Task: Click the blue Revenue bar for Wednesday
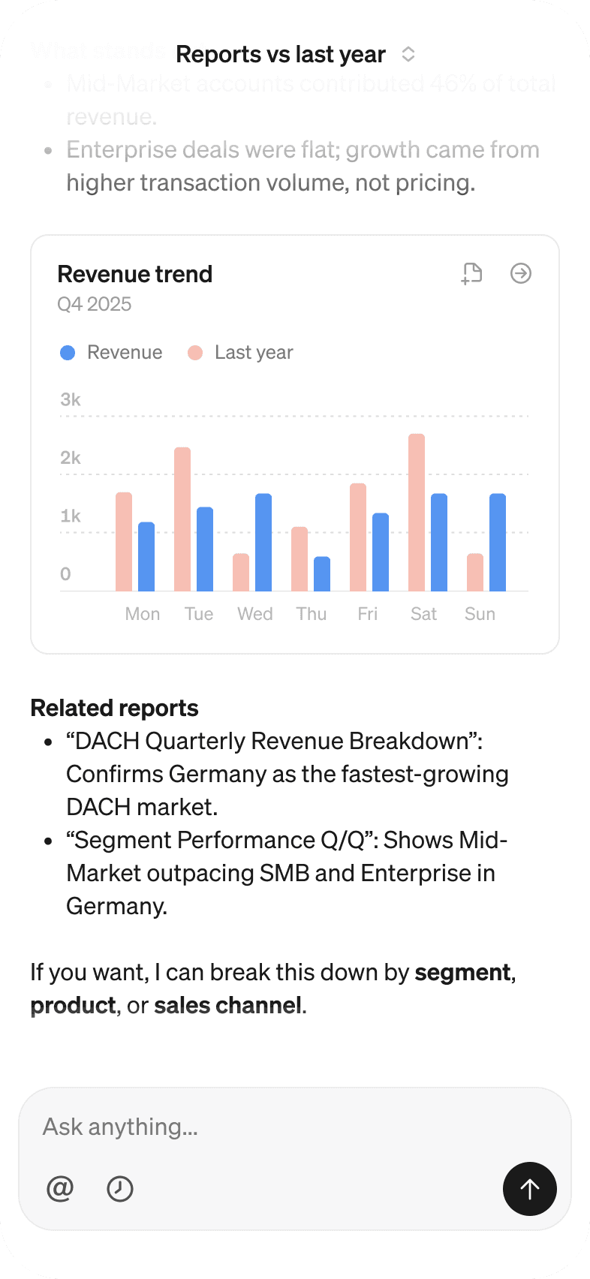(263, 542)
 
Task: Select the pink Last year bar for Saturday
(417, 512)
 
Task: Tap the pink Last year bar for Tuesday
(182, 519)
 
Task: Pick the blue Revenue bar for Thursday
(322, 573)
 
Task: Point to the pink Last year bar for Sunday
(475, 572)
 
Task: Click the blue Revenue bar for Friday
(381, 552)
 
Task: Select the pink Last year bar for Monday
(124, 541)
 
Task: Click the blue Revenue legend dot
(68, 353)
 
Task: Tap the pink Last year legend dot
(195, 353)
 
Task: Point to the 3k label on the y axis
(71, 399)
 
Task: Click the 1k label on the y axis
(71, 516)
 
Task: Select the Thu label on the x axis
(312, 614)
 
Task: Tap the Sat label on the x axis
(423, 614)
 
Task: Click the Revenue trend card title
(135, 274)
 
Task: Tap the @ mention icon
(60, 1188)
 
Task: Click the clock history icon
(120, 1188)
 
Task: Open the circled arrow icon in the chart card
(521, 273)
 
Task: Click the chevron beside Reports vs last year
(408, 54)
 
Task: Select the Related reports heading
(114, 708)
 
